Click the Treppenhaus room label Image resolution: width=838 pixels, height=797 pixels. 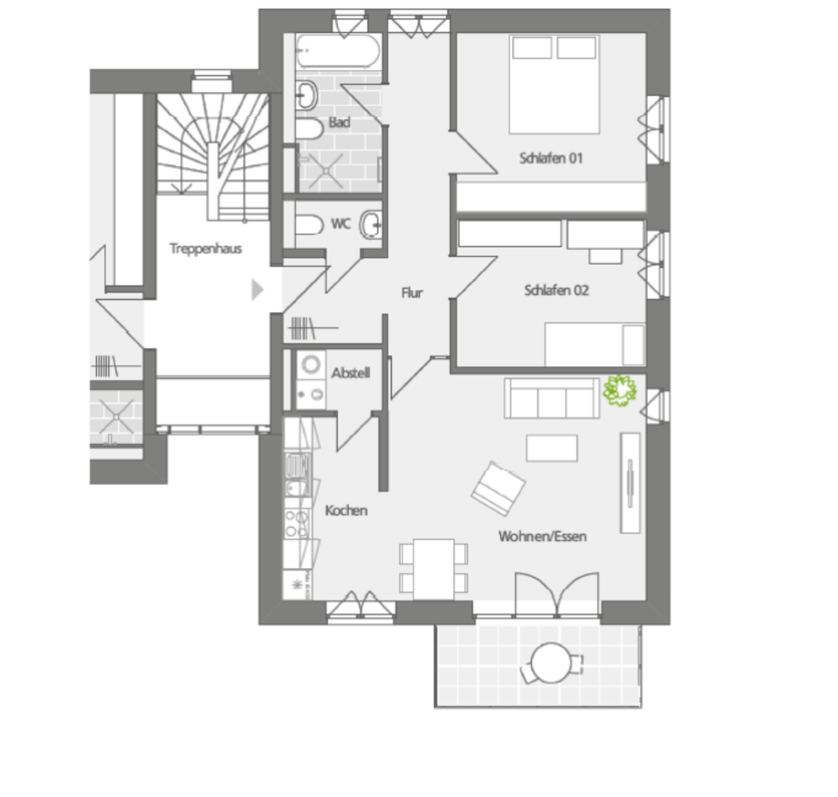point(205,248)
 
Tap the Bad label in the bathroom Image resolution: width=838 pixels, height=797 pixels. point(340,123)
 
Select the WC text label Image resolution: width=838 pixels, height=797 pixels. point(340,224)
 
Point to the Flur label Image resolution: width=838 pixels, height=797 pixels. point(412,293)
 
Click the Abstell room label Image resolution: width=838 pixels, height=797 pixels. point(350,373)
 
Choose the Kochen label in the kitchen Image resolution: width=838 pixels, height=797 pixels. point(346,510)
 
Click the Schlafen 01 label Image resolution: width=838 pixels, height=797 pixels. point(550,159)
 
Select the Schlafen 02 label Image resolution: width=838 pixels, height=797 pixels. point(556,290)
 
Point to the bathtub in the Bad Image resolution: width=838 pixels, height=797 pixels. point(337,52)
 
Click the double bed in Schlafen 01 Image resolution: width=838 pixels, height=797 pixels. point(554,84)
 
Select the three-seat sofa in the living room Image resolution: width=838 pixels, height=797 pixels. point(552,398)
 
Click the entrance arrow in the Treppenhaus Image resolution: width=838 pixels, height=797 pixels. point(257,289)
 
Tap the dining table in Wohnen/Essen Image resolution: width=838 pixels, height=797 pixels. point(434,568)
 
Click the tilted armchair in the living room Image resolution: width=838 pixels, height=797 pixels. point(498,487)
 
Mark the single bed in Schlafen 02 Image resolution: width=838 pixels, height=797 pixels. point(594,344)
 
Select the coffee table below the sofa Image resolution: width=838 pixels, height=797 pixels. point(551,447)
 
